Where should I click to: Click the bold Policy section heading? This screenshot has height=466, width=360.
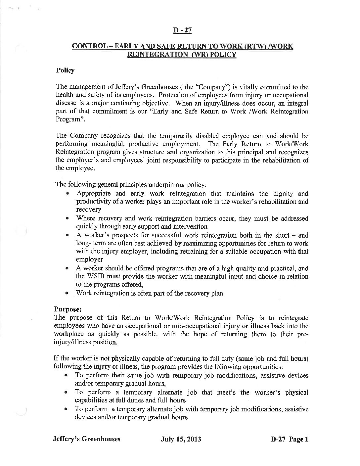click(x=65, y=70)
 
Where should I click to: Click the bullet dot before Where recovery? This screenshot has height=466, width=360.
click(x=67, y=218)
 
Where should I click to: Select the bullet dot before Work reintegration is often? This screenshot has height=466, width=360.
click(x=67, y=293)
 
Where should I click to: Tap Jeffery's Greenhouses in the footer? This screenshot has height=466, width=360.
click(x=86, y=440)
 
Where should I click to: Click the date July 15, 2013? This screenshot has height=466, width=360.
click(x=181, y=440)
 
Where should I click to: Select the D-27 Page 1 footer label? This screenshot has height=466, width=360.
click(x=289, y=440)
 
